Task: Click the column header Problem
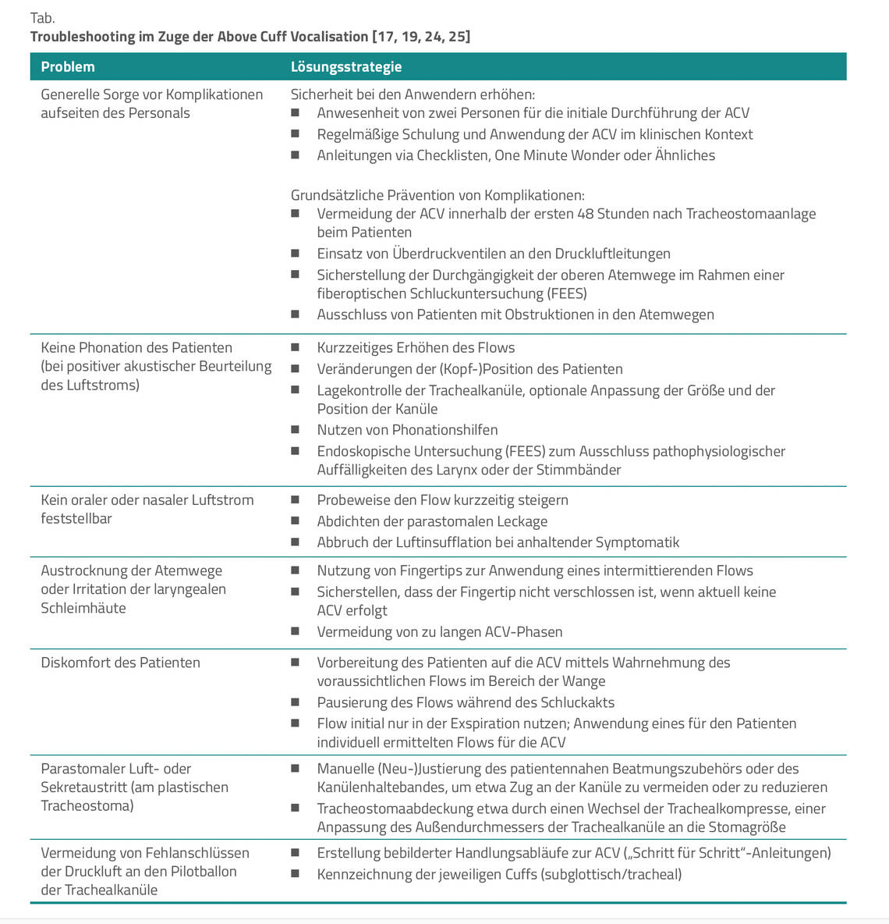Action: [x=68, y=67]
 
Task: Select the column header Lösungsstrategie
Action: [x=346, y=67]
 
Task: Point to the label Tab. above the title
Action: [x=42, y=18]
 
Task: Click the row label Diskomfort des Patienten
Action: [x=120, y=663]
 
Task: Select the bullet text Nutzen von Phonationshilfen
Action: [x=407, y=430]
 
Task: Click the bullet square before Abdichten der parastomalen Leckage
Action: [x=295, y=521]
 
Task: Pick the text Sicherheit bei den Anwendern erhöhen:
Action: [x=413, y=94]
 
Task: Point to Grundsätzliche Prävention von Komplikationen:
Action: [x=437, y=195]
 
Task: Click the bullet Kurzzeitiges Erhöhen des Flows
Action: [x=416, y=348]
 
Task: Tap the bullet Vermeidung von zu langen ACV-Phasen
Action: [x=439, y=632]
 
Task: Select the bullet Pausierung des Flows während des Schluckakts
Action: [x=466, y=702]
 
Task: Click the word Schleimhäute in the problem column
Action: [x=83, y=608]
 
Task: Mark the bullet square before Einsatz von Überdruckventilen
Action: [x=295, y=253]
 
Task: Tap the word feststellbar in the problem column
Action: [x=76, y=519]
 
